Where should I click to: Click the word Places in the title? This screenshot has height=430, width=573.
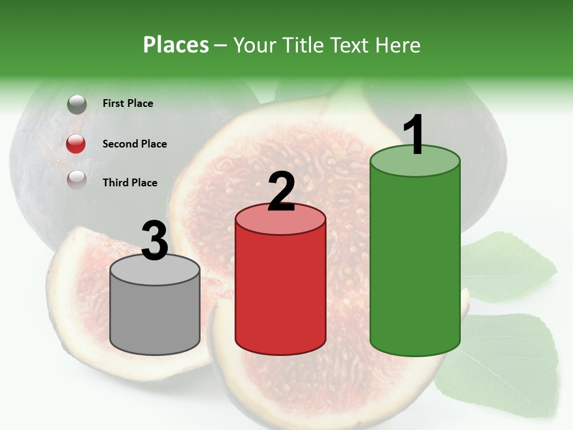coord(175,45)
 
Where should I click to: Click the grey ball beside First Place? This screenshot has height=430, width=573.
coord(76,105)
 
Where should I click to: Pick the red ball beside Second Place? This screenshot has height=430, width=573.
coord(76,144)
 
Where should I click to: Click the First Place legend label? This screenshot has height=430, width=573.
coord(128,103)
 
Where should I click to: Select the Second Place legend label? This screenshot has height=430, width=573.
coord(134,144)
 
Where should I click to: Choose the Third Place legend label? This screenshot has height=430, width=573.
coord(130,183)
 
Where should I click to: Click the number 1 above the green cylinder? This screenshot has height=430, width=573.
coord(414,135)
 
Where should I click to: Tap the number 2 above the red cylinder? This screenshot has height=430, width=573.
coord(282,191)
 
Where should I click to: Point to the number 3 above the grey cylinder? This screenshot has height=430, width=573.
coord(155,241)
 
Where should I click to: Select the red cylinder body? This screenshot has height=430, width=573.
coord(281,293)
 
